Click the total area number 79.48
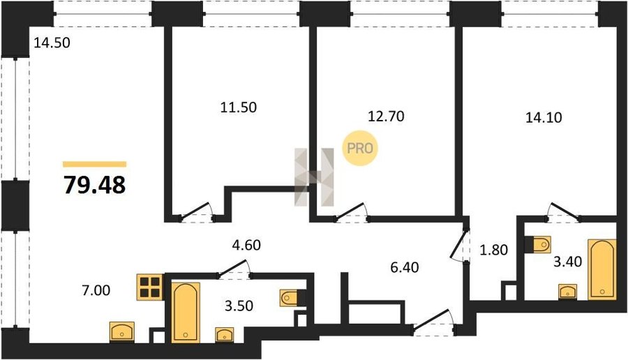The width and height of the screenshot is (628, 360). tap(95, 185)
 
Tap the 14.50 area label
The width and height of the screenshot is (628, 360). tap(52, 43)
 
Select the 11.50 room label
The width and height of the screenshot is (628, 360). tap(239, 107)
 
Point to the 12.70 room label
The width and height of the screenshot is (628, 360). tap(386, 116)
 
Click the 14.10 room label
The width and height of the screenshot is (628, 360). tap(544, 117)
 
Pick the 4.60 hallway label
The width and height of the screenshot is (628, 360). tap(246, 245)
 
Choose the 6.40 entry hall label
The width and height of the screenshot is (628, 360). tap(405, 267)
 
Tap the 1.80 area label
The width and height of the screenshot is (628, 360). tap(494, 250)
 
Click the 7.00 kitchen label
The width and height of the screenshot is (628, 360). tap(96, 290)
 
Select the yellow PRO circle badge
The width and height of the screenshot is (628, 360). tap(359, 148)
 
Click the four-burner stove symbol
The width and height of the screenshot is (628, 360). tap(150, 287)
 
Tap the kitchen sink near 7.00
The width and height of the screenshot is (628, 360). tap(122, 332)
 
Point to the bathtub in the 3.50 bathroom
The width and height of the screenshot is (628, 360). tap(186, 313)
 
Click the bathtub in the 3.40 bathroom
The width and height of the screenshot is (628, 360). tap(602, 269)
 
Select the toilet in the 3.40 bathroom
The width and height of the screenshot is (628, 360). tap(538, 244)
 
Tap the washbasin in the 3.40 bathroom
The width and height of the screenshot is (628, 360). tap(568, 292)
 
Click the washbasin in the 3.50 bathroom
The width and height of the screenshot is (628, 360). tap(225, 335)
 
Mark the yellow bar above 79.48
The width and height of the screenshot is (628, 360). tap(94, 164)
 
